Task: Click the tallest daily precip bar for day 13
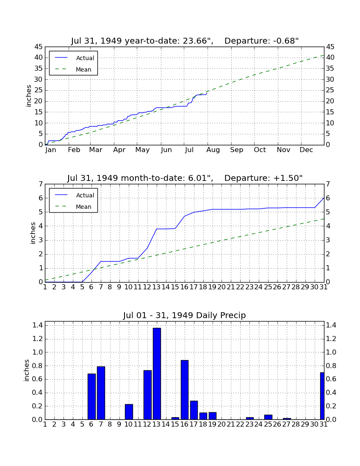(x=157, y=374)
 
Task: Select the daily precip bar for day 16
(x=185, y=390)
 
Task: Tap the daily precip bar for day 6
(x=91, y=397)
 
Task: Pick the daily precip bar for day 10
(x=129, y=412)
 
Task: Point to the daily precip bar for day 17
(x=194, y=410)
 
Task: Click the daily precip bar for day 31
(x=322, y=396)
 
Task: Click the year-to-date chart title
(x=185, y=41)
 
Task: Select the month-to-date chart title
(x=185, y=178)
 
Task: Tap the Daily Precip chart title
(x=185, y=315)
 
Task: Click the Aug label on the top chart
(x=213, y=150)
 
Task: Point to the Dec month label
(x=306, y=150)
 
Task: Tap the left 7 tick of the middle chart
(x=41, y=184)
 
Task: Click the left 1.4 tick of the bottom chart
(x=37, y=325)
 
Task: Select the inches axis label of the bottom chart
(x=27, y=370)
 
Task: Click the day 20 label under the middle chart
(x=222, y=287)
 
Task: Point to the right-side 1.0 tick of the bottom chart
(x=331, y=352)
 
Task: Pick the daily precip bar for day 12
(x=148, y=395)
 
